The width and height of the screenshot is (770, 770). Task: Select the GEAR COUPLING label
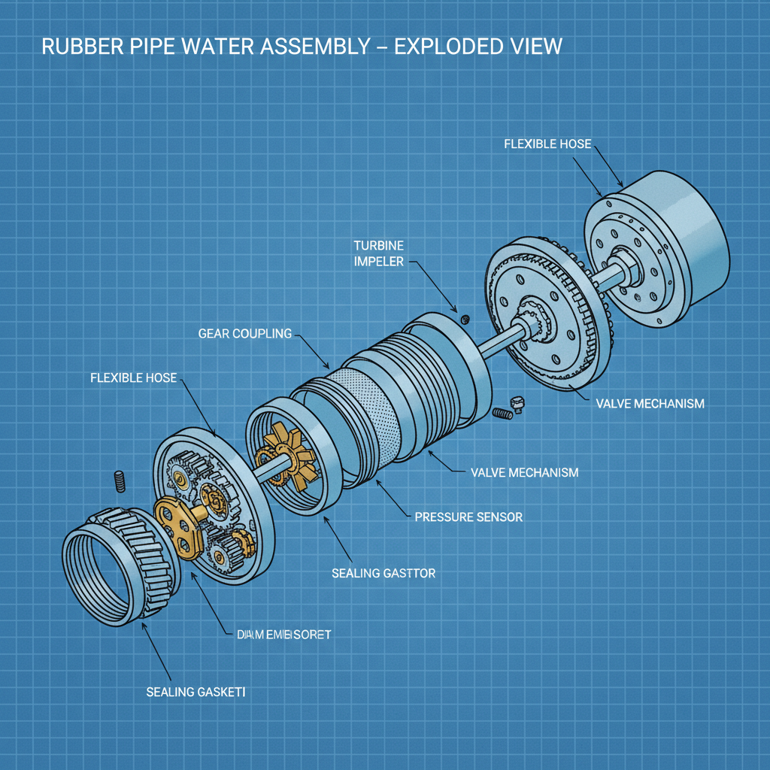244,333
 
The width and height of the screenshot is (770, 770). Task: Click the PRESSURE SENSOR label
468,517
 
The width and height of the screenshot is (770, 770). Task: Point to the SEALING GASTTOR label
383,574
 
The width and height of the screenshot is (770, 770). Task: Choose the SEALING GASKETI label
196,691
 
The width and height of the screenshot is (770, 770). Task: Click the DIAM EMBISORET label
278,635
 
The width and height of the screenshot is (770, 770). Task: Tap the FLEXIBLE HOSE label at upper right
548,143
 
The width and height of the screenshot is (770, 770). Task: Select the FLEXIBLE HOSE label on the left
133,377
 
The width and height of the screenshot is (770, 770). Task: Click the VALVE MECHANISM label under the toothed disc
650,404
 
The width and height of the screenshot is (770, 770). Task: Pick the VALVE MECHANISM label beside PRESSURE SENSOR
524,472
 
